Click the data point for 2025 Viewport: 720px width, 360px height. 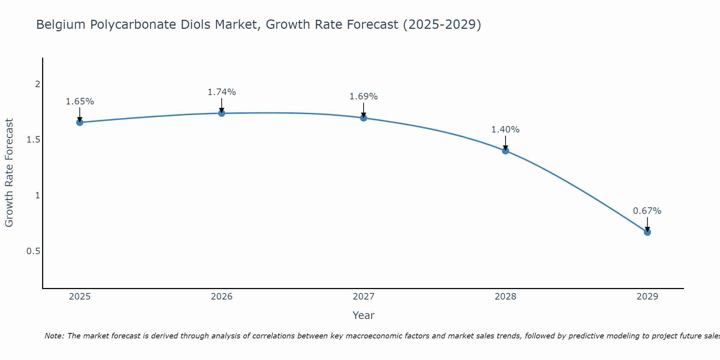(80, 122)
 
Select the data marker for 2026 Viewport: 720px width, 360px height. (222, 113)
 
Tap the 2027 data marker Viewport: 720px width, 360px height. (364, 118)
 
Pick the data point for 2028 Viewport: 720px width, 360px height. (505, 150)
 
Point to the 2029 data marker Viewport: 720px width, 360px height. (647, 232)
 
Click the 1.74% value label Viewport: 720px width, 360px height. (222, 92)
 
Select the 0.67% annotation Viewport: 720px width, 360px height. (647, 211)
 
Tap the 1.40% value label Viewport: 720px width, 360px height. (505, 130)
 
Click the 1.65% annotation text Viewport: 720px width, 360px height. (80, 102)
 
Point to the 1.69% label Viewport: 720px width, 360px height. (364, 96)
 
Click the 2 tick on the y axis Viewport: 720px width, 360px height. (37, 84)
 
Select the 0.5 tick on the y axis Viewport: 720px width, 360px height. (33, 251)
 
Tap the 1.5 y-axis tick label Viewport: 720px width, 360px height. (33, 140)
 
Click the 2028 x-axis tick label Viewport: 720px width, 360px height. (505, 297)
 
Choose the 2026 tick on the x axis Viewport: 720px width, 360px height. (222, 297)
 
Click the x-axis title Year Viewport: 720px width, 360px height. (364, 315)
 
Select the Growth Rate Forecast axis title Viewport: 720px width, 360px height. (9, 173)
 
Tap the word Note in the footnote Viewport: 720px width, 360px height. (54, 336)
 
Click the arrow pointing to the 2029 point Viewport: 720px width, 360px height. (647, 224)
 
